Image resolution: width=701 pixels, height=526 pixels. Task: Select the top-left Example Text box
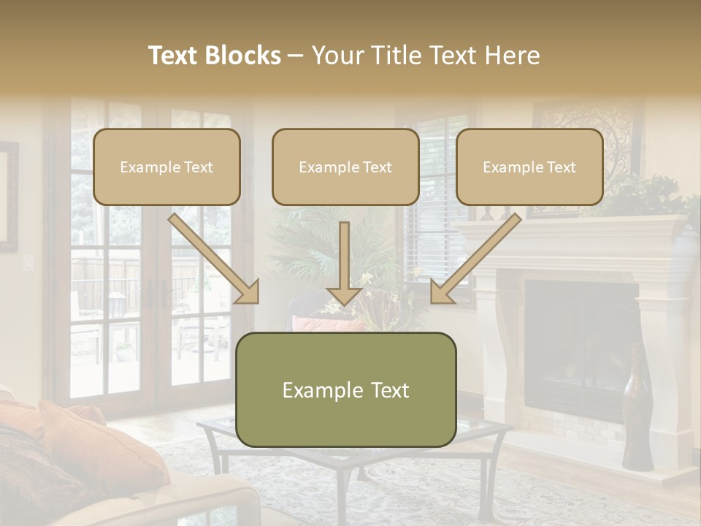click(x=166, y=167)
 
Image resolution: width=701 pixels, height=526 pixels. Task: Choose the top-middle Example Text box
click(x=345, y=167)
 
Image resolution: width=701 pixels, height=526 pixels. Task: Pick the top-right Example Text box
click(x=529, y=167)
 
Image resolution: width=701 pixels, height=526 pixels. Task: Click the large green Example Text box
click(x=346, y=389)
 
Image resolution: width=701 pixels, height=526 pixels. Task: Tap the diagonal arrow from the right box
click(x=475, y=259)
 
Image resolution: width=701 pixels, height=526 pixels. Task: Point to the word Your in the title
click(x=337, y=56)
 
